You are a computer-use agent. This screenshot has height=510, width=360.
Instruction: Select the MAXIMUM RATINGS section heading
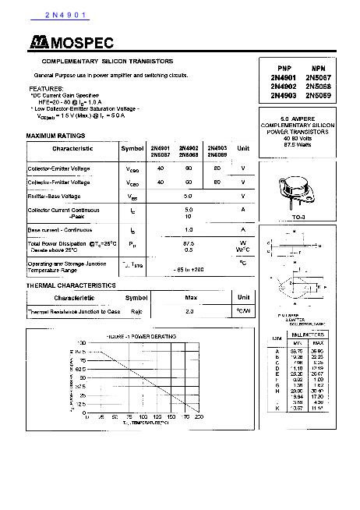point(55,136)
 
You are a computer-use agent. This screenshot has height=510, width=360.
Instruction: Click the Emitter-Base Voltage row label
point(55,196)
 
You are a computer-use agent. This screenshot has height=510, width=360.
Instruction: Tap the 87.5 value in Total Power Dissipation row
point(188,243)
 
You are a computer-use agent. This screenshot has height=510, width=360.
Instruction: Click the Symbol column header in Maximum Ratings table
point(132,148)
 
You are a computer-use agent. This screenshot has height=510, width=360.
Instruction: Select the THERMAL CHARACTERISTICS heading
point(71,285)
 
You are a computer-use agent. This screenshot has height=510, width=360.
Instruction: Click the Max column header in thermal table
point(191,298)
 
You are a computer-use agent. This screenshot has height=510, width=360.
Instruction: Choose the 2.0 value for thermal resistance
point(189,311)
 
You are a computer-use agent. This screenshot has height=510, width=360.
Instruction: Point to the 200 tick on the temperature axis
point(199,418)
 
